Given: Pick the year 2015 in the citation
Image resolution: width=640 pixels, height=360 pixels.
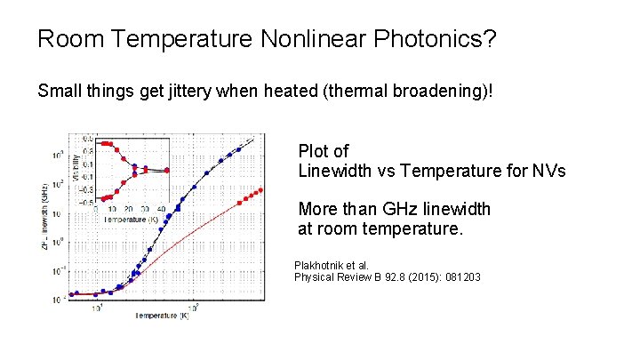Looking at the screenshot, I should pyautogui.click(x=417, y=277).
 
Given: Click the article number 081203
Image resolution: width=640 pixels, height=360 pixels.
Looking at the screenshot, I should pyautogui.click(x=459, y=277).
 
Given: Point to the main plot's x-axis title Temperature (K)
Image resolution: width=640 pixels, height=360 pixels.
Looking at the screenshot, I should pyautogui.click(x=161, y=316).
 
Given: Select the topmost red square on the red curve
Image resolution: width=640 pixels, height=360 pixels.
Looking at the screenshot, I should pyautogui.click(x=260, y=189).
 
